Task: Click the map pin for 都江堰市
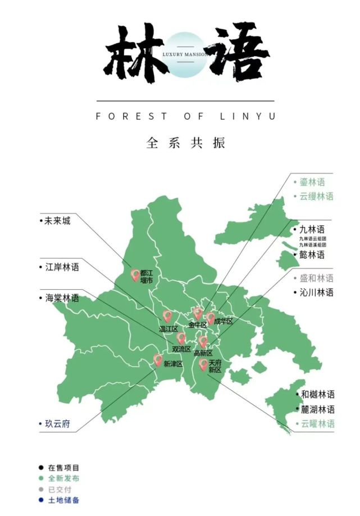tap(135, 275)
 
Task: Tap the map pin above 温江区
tap(167, 316)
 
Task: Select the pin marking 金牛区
tap(198, 313)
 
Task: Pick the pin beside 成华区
tap(211, 318)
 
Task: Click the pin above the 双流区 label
tap(181, 338)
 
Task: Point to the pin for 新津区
tap(158, 360)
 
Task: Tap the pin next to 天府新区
tap(203, 365)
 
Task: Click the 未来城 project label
tap(58, 221)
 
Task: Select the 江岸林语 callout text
tap(62, 267)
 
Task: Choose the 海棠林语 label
tap(62, 298)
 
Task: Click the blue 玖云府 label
tap(57, 423)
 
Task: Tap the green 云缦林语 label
tap(316, 196)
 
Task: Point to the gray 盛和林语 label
tap(316, 278)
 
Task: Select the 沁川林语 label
tap(316, 292)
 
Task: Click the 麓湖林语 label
tap(317, 409)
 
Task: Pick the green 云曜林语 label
tap(317, 424)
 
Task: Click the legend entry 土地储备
tap(63, 500)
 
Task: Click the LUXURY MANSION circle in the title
tap(186, 54)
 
